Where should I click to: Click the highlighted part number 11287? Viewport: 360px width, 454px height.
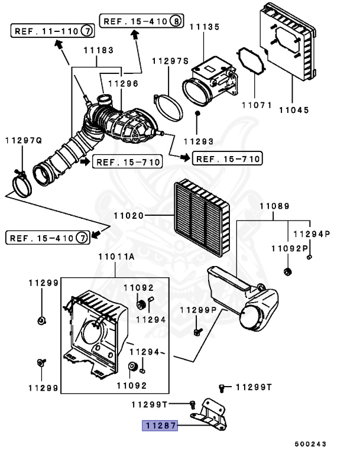click(x=158, y=425)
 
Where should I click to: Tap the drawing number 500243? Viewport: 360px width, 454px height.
click(x=311, y=443)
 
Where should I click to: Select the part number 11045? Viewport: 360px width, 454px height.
click(x=294, y=109)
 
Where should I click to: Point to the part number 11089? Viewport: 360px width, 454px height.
click(x=274, y=206)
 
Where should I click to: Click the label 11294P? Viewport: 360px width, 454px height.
click(x=311, y=234)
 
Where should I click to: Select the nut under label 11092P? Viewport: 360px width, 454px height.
click(x=288, y=272)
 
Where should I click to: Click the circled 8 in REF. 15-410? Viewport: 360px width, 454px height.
click(x=176, y=21)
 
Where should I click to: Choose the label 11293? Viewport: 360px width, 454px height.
click(x=197, y=141)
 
